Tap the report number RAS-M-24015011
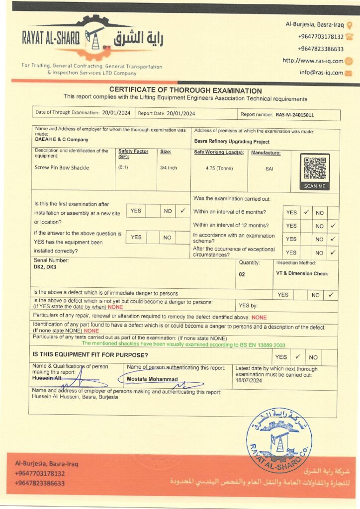point(295,115)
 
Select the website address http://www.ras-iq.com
point(313,61)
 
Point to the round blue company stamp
point(279,440)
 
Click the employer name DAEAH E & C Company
point(62,140)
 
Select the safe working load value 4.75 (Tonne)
point(219,168)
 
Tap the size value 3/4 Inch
point(169,168)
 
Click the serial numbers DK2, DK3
point(44,267)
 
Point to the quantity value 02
point(242,274)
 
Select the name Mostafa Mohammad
point(146,379)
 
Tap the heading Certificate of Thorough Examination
point(185,91)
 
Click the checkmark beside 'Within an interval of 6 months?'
point(306,212)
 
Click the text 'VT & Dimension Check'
point(302,273)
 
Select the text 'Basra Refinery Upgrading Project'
point(232,142)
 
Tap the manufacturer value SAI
point(269,169)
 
